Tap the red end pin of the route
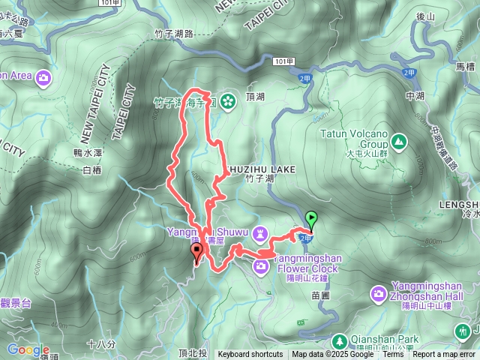197,252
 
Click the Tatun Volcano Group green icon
397,140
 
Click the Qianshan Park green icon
339,339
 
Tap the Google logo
28,349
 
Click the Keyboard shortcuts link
250,355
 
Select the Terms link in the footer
393,355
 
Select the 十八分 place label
100,344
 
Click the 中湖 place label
414,96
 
